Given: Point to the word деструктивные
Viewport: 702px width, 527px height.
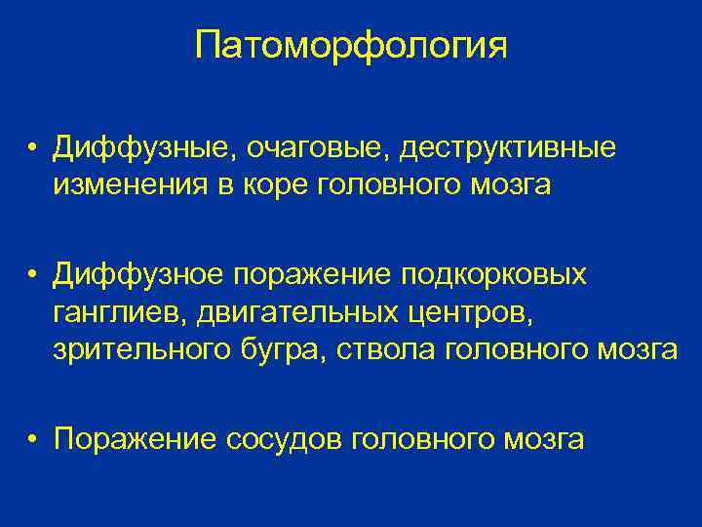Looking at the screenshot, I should coord(508,149).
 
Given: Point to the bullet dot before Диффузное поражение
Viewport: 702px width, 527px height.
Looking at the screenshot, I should coord(32,275).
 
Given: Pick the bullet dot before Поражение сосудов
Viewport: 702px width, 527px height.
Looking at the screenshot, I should coord(32,439).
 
